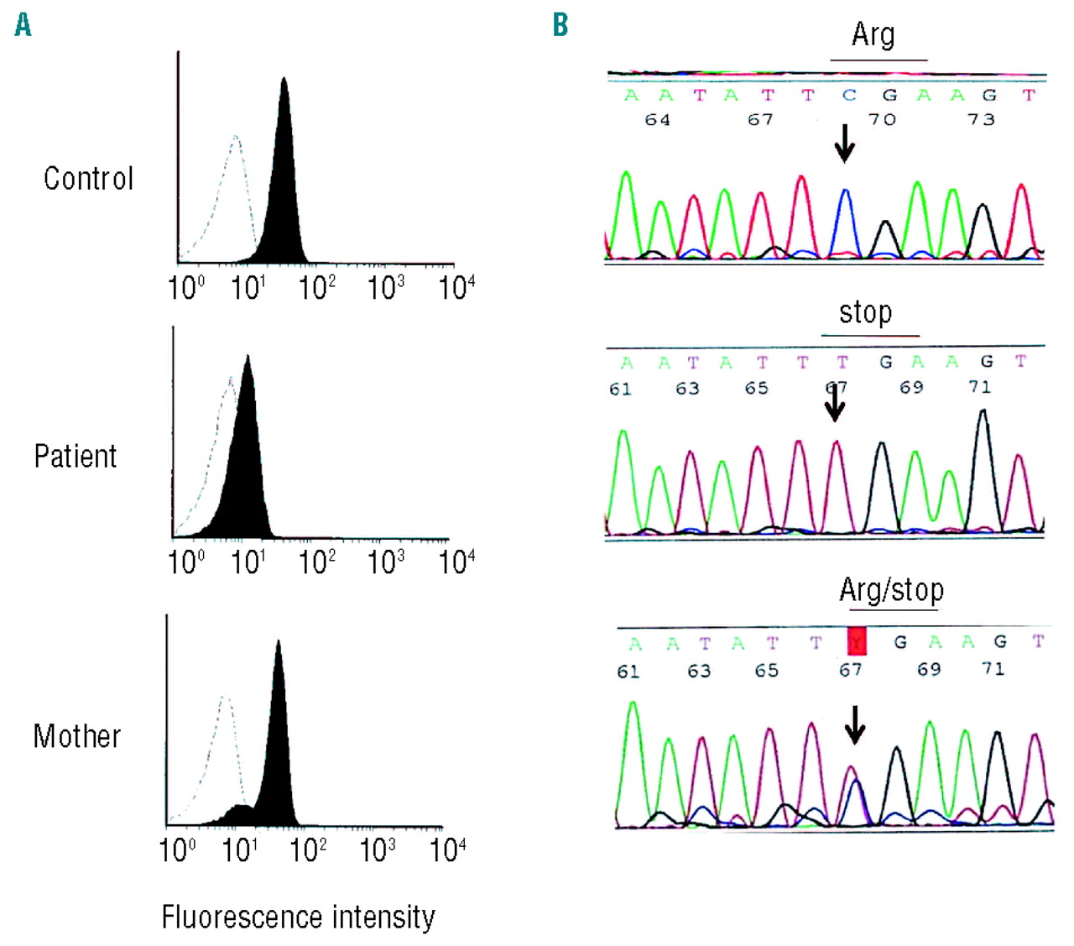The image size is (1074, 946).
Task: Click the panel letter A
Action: [23, 25]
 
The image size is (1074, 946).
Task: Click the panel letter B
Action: [560, 25]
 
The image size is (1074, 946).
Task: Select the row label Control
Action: [88, 179]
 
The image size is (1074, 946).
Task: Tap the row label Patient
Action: [75, 457]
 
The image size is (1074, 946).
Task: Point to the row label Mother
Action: [76, 736]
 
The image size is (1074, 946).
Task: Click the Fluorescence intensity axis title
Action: [298, 917]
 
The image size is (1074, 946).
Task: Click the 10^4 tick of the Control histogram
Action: [456, 287]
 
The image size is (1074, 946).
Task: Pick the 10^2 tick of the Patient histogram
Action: [316, 562]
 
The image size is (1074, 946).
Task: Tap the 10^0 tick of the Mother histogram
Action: [177, 849]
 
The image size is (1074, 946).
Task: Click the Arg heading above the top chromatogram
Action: [873, 34]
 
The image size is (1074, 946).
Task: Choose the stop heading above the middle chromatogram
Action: [865, 312]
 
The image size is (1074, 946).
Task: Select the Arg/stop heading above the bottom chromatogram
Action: [891, 589]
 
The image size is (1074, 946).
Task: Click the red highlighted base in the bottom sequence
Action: [857, 641]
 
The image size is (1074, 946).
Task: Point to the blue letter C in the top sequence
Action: [848, 96]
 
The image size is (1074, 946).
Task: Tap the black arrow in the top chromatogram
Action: [844, 143]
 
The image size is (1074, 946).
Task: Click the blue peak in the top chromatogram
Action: [847, 218]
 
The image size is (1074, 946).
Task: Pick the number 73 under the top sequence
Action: [981, 119]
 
